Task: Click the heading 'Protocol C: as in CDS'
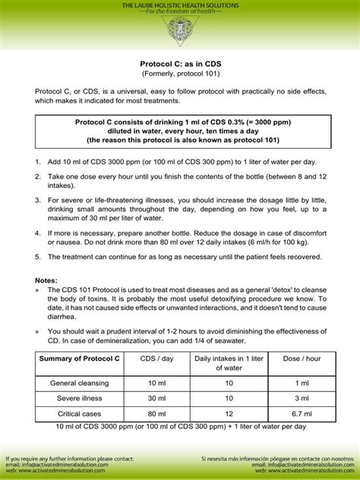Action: pos(180,65)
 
